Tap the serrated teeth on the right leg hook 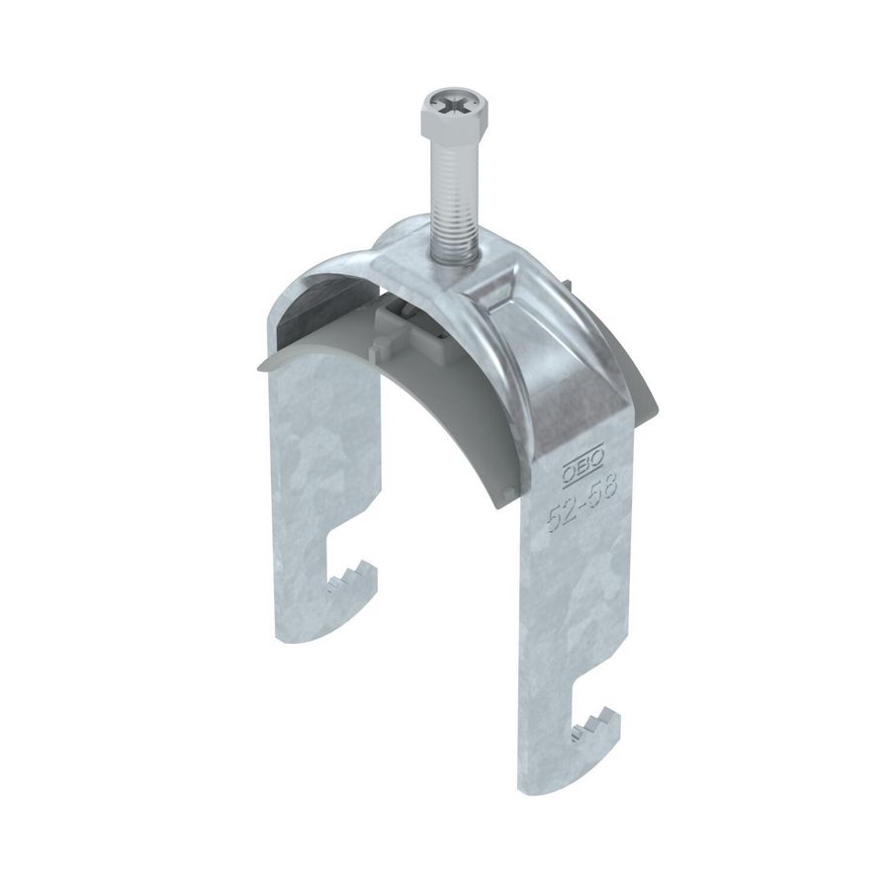point(595,730)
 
